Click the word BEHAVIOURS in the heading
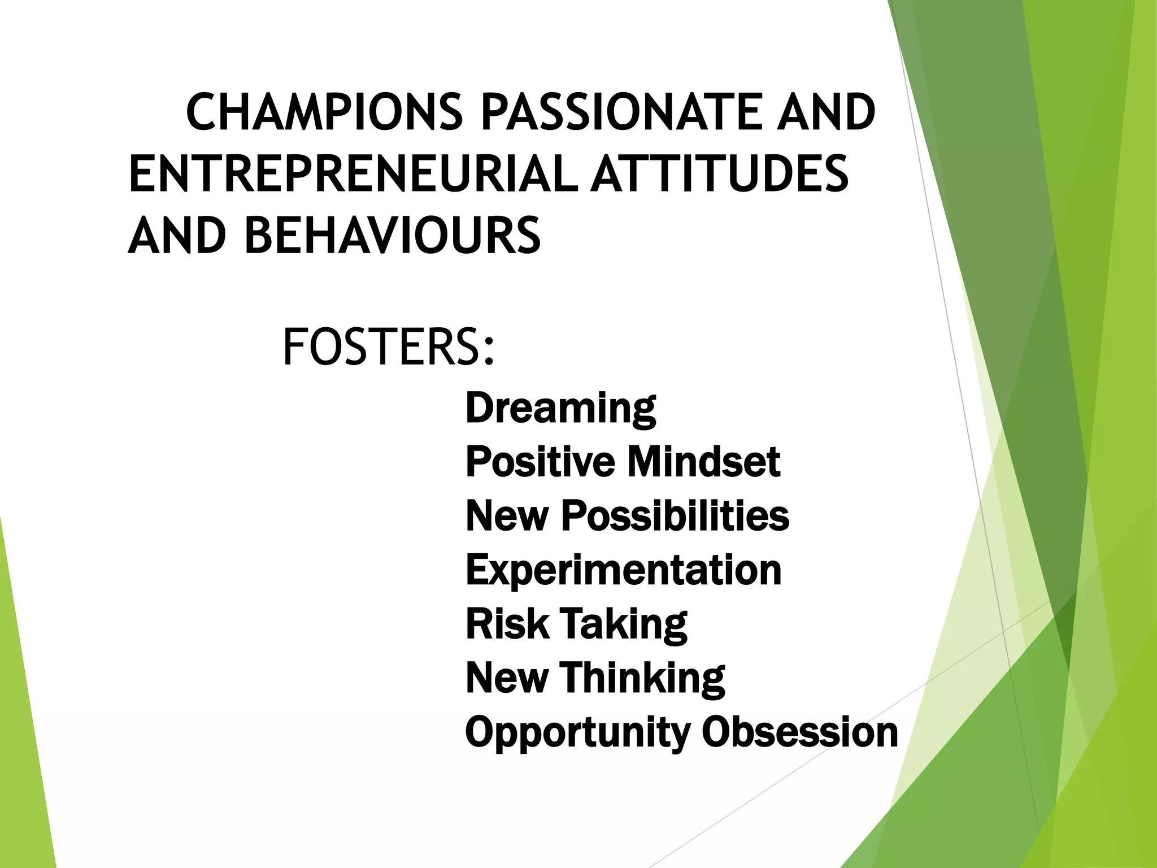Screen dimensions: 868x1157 point(393,235)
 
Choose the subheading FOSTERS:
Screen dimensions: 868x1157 point(389,347)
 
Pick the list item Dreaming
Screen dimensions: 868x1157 point(560,408)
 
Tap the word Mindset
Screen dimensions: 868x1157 point(703,462)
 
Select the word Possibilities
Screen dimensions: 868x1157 point(675,516)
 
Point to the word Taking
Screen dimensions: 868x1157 point(624,625)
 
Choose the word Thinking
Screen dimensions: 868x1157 point(642,679)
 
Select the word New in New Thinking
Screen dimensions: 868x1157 point(506,678)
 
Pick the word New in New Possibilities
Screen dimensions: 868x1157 point(506,516)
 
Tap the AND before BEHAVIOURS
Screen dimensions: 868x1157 point(177,235)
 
